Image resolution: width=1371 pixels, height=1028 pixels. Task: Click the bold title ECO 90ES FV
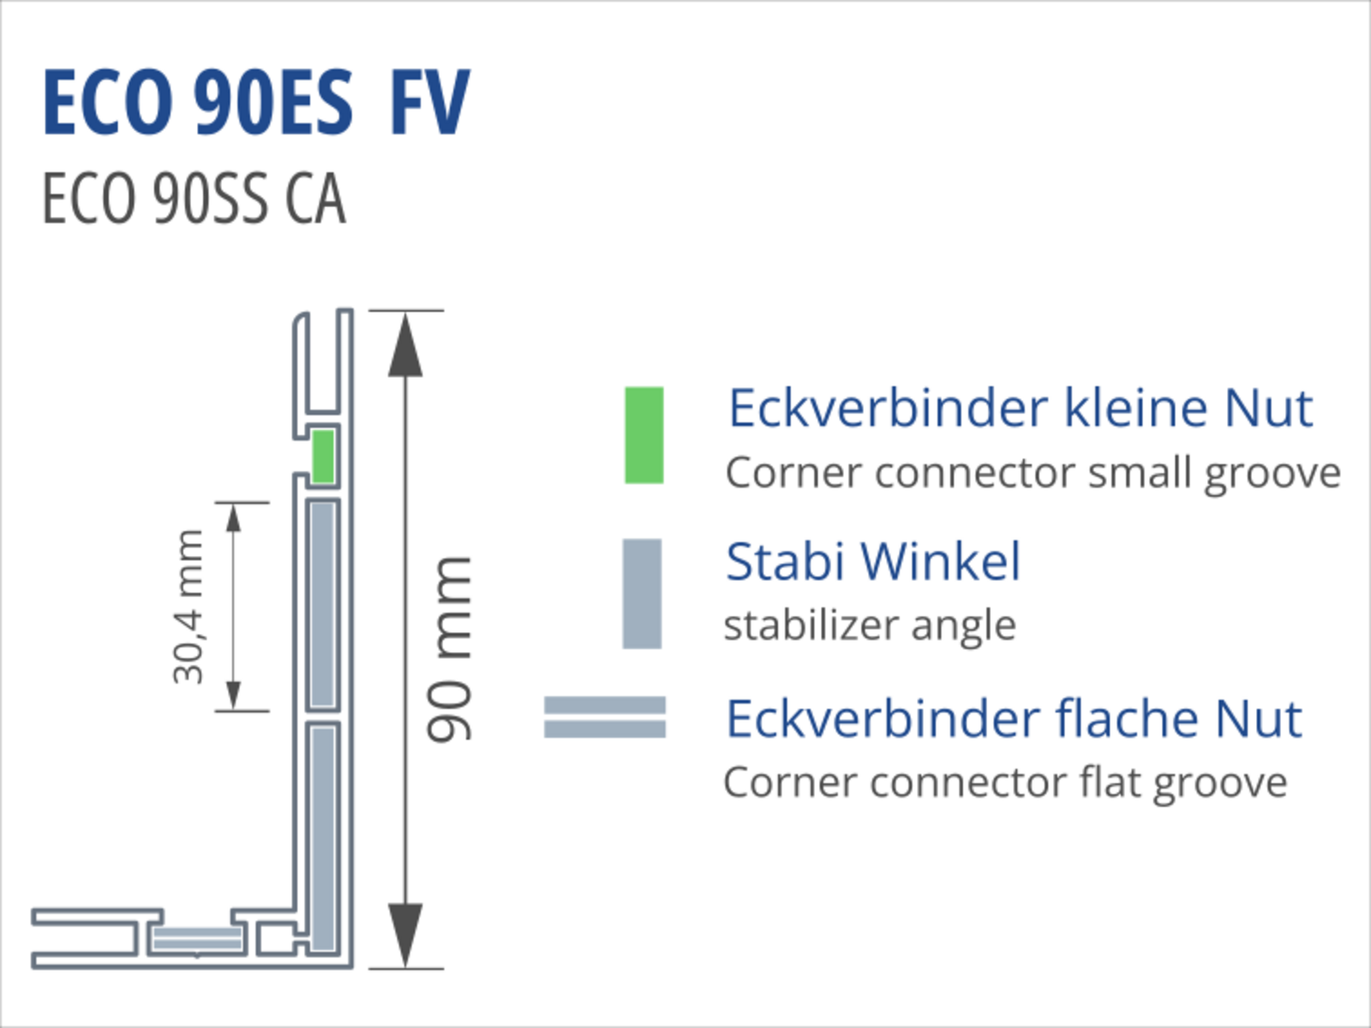coord(255,103)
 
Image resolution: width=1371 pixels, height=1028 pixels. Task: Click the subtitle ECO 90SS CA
coord(194,199)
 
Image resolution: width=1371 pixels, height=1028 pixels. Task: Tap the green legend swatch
coord(644,435)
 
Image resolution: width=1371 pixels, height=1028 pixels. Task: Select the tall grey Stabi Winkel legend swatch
coord(642,593)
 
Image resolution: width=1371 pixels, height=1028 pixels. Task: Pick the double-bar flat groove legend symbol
coord(605,717)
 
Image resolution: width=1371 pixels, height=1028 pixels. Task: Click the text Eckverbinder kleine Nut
coord(1020,408)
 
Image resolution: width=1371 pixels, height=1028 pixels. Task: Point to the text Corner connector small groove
coord(1033,474)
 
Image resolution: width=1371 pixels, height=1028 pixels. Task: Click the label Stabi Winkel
coord(872,562)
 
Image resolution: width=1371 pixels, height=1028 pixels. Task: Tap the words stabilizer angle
coord(870,625)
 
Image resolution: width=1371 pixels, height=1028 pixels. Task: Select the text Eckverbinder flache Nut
coord(1014,719)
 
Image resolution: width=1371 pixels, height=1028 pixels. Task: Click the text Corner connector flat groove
coord(1005,783)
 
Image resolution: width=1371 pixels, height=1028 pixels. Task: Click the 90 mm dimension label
coord(450,648)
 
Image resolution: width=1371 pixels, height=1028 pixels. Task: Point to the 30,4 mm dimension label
coord(189,607)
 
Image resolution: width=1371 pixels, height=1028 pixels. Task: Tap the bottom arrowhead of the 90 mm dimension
coord(405,935)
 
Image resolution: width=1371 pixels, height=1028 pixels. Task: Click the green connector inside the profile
coord(323,457)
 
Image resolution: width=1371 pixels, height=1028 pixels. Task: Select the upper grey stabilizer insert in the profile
coord(323,605)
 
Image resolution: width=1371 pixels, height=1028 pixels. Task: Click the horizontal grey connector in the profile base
coord(196,940)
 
